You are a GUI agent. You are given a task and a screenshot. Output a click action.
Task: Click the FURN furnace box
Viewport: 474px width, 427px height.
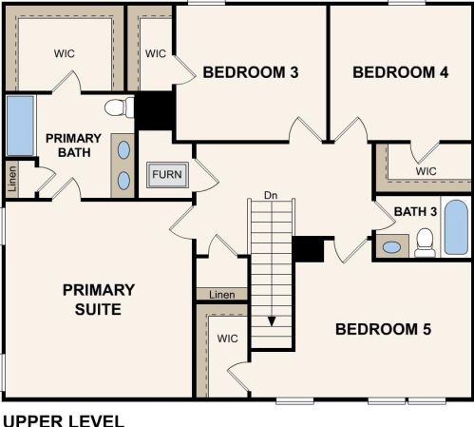point(167,175)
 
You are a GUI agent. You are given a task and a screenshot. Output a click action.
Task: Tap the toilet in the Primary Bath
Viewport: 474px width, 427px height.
point(120,107)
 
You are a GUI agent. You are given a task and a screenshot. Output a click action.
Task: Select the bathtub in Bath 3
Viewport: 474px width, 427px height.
point(456,226)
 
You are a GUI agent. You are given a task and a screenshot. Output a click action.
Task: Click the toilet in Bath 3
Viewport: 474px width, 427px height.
point(425,243)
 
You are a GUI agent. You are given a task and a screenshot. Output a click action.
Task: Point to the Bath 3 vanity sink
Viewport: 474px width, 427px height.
point(391,247)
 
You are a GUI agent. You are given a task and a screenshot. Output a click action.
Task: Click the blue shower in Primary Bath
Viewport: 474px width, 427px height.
point(21,126)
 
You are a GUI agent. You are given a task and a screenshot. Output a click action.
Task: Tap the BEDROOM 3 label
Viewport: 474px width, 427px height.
point(251,72)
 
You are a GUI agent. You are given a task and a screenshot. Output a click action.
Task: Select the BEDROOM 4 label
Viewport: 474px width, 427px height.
point(401,72)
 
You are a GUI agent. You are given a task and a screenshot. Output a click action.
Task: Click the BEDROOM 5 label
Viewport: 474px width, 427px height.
point(383,329)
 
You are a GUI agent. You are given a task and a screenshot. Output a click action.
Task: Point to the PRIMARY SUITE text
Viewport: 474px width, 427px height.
point(99,300)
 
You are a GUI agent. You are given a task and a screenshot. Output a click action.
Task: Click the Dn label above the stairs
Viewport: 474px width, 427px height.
point(271,195)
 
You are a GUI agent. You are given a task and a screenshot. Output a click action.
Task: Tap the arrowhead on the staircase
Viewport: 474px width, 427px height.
point(272,321)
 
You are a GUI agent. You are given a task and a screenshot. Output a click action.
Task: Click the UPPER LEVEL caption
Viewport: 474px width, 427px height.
point(64,420)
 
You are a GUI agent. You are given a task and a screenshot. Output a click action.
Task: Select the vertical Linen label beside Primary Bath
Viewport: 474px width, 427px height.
point(12,179)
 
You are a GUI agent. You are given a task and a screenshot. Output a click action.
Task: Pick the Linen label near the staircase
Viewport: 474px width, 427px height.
point(222,295)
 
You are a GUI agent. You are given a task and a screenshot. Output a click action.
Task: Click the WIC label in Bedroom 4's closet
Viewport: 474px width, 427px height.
point(426,171)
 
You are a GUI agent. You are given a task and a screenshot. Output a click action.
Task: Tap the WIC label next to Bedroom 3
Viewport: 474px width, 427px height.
point(156,53)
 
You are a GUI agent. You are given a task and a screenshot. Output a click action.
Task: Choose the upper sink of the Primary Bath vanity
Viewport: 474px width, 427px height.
point(123,150)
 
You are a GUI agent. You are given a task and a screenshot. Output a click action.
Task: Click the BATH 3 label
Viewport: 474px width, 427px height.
point(415,211)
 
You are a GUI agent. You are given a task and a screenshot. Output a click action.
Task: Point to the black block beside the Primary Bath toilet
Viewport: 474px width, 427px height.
point(155,111)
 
